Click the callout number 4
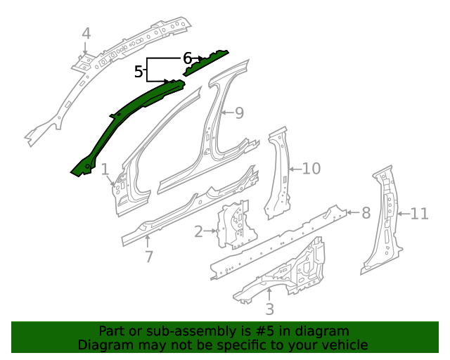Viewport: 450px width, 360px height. coord(86,34)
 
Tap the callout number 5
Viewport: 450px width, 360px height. coord(139,71)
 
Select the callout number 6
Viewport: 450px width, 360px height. coord(187,58)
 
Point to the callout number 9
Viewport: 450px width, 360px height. coord(239,112)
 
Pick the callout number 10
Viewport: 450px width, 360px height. coord(311,169)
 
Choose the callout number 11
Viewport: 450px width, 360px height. coord(420,214)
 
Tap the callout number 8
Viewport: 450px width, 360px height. coord(366,213)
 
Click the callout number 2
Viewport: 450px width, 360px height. coord(198,231)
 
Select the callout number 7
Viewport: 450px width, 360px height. coord(148,257)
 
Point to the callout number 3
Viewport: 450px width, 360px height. coord(269,309)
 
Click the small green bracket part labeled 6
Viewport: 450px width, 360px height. coord(205,63)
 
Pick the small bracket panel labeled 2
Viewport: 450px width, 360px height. coord(236,226)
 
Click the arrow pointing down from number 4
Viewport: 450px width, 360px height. coord(85,48)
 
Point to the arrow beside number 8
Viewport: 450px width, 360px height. coord(353,213)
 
